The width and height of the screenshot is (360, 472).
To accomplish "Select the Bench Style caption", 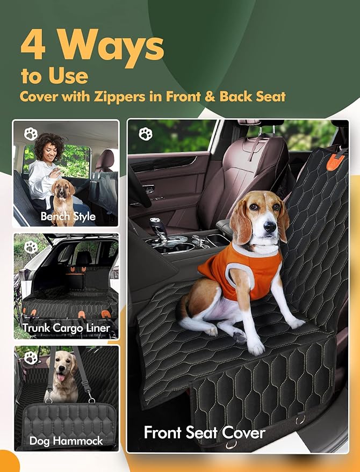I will pos(68,217).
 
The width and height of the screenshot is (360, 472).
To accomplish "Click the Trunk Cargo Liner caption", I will pos(66,328).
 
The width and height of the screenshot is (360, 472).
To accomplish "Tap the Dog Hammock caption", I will pos(66,441).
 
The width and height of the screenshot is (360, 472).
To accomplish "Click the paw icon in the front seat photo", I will pos(146,134).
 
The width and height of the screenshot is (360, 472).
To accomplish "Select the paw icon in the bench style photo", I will pos(31,134).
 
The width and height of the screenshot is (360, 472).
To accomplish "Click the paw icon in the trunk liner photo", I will pos(31,247).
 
